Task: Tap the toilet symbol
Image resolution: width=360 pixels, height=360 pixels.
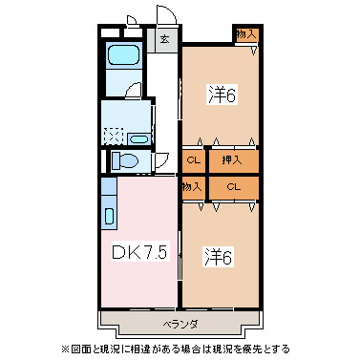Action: coord(124,160)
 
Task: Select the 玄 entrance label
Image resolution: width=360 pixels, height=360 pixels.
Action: coord(164,40)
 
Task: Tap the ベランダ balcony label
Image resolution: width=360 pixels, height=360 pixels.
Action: coord(180,324)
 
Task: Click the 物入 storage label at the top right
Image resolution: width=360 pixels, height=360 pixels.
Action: coord(245,34)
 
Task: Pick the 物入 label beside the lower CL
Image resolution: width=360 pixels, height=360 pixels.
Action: coord(192,186)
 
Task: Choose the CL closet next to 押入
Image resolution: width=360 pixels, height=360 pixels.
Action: coord(193,159)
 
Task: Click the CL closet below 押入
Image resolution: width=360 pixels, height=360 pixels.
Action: coord(233,186)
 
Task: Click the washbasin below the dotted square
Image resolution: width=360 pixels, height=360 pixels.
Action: coord(138,139)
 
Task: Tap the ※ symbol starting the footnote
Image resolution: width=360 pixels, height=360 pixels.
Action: coord(65,349)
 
